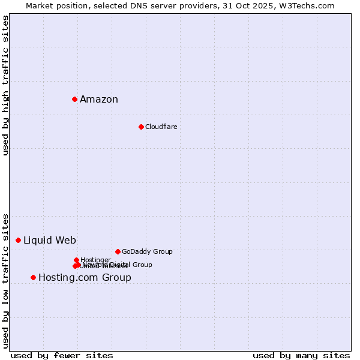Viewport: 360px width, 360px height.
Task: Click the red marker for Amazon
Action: pos(74,99)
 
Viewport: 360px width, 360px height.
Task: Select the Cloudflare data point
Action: pos(141,127)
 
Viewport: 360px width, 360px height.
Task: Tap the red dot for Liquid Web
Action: pos(18,240)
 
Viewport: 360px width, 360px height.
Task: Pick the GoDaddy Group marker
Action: pos(118,251)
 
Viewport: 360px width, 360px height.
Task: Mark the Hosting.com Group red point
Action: pos(33,277)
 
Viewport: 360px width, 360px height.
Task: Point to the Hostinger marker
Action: pos(76,260)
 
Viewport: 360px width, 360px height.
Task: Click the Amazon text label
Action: pos(99,100)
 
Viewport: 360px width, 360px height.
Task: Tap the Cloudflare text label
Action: pos(161,127)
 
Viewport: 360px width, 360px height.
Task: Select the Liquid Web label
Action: pos(49,241)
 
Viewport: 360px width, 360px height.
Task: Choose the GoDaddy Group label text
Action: pos(147,251)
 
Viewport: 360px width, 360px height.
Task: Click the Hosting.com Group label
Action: pos(85,278)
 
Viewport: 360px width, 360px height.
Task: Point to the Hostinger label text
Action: pos(96,259)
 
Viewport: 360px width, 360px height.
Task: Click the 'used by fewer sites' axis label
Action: pos(62,355)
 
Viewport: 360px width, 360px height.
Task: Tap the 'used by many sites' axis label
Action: pos(301,355)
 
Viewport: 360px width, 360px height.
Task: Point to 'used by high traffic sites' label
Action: pos(5,85)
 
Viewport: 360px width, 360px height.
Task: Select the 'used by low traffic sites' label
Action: pos(5,280)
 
